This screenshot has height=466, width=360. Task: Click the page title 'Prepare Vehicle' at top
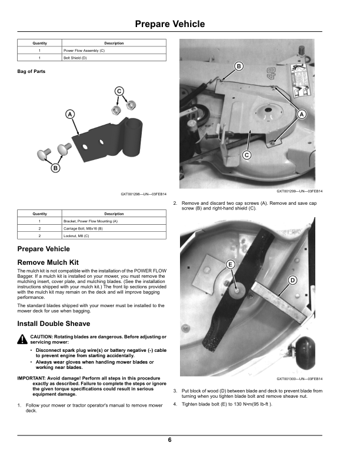click(170, 24)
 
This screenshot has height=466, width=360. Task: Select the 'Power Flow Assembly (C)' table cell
click(114, 51)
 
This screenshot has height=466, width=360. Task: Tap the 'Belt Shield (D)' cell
click(114, 58)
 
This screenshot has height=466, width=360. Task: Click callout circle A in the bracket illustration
click(70, 114)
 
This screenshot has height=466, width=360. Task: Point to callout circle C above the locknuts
click(119, 91)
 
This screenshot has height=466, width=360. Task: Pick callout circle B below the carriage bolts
click(55, 168)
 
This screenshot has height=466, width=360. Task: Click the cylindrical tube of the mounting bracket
click(132, 136)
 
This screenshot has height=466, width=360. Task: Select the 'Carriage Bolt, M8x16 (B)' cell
click(114, 228)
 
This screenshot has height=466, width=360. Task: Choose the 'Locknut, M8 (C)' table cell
click(114, 236)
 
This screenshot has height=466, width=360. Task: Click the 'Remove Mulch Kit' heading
click(48, 262)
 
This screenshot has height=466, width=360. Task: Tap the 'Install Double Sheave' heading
click(54, 324)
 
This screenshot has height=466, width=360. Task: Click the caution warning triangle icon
click(22, 339)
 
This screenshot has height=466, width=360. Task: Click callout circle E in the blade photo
click(231, 264)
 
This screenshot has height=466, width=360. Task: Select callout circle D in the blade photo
click(292, 280)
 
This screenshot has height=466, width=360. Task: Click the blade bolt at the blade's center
click(236, 289)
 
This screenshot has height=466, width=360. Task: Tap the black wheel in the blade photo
click(305, 353)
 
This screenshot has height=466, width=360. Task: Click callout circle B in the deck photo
click(239, 66)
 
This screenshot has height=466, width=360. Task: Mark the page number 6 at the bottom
click(169, 440)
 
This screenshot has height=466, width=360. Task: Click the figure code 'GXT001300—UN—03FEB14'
click(299, 379)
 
